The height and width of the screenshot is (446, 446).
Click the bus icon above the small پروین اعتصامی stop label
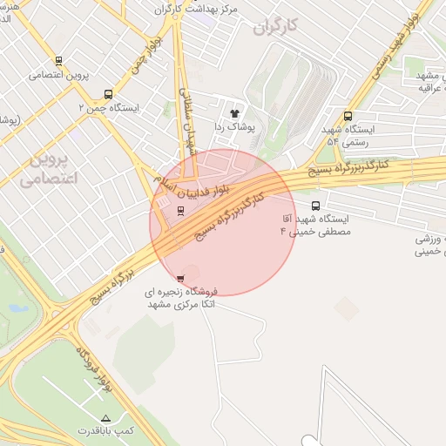point(58,61)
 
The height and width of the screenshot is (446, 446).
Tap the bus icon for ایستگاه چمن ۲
point(108,94)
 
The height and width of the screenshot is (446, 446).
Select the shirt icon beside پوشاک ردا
point(233,113)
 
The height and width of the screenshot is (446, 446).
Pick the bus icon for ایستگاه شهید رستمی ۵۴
point(348,116)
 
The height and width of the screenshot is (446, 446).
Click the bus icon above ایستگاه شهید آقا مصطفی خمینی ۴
point(314,206)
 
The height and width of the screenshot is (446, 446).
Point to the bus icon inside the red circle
point(180,210)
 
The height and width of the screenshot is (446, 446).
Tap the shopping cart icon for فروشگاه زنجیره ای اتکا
point(180,279)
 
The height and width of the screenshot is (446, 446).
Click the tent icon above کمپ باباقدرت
point(106,418)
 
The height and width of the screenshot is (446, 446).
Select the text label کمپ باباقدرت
point(106,431)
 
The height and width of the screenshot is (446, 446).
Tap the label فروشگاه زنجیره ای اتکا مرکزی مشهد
point(184,299)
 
